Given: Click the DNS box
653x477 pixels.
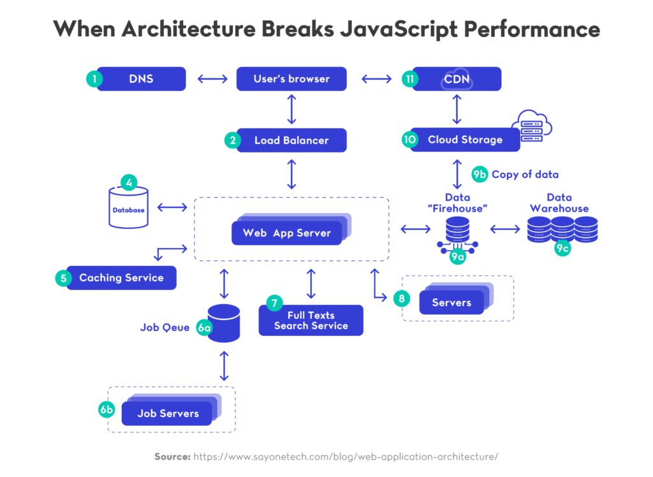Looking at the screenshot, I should click(x=141, y=79).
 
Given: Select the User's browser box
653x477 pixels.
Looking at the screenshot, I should click(x=291, y=79).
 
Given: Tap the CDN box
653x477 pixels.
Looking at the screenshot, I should click(x=457, y=79).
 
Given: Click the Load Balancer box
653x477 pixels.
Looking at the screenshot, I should click(x=291, y=140).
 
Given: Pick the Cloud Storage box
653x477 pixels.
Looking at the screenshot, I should click(x=465, y=140).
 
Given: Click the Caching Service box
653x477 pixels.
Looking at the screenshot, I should click(x=121, y=278).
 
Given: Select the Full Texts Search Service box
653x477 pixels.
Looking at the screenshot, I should click(x=311, y=320).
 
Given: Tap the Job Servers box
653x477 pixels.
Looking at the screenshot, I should click(x=168, y=413).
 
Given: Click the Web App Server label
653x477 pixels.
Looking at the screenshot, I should click(x=286, y=233).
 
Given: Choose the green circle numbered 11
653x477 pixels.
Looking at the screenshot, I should click(x=410, y=79).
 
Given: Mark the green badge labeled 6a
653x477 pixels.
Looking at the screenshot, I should click(x=204, y=328).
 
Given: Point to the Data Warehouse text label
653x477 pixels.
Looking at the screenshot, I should click(x=559, y=203).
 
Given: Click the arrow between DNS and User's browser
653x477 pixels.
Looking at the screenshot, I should click(x=212, y=79).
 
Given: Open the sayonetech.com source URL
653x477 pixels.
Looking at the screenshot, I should click(x=345, y=457).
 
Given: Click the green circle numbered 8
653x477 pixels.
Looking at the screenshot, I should click(x=400, y=297).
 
